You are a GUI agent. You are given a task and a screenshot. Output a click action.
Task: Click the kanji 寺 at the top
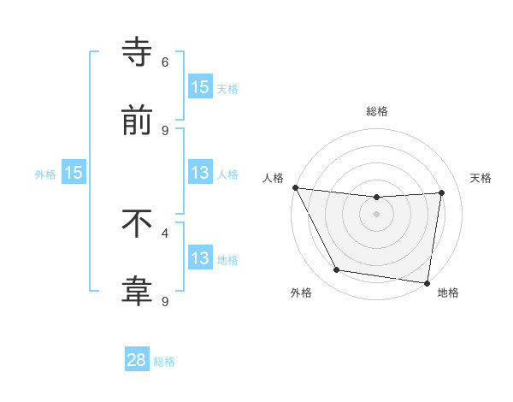pos(137,51)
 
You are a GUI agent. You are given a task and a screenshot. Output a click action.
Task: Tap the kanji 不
pos(137,224)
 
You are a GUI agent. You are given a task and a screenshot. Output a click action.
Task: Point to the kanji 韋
pos(137,292)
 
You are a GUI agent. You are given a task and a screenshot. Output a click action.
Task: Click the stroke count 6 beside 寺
pos(165,62)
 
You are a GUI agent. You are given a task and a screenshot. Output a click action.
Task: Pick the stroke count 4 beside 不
pos(165,233)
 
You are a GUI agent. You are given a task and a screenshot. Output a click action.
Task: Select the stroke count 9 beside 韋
pos(165,301)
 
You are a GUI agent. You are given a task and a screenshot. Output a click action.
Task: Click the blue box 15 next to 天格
pos(200,87)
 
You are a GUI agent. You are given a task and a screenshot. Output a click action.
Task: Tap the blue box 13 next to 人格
pos(200,173)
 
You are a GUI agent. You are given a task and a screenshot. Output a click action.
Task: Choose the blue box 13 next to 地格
pos(200,258)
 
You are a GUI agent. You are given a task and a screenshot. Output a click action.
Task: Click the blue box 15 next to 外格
pos(74,173)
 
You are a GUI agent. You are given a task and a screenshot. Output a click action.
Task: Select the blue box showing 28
pos(137,360)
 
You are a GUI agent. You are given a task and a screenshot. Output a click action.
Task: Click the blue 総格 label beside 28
pos(165,362)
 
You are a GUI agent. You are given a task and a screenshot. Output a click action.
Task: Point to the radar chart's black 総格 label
pos(377,111)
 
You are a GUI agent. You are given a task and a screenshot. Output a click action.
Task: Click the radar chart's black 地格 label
pos(448,293)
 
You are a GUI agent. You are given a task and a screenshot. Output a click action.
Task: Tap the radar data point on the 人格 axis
pos(295,187)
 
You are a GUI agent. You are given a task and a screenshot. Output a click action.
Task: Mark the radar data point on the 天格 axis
pos(442,192)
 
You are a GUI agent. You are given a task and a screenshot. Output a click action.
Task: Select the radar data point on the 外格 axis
pos(336,270)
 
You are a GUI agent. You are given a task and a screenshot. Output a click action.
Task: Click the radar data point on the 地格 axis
pos(427,282)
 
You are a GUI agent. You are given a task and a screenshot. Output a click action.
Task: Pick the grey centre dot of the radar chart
pos(377,214)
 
